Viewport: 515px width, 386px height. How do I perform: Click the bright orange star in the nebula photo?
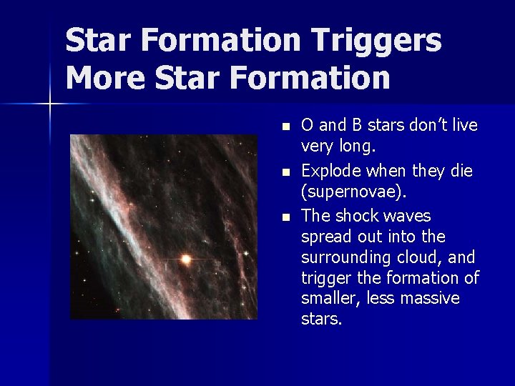click(186, 259)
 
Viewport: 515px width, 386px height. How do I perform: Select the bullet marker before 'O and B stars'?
click(285, 127)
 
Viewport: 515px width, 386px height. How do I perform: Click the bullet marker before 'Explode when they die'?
click(285, 172)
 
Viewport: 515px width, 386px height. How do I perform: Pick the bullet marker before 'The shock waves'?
click(285, 217)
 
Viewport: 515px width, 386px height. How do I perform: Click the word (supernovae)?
click(346, 192)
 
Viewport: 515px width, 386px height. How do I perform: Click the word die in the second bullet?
click(461, 172)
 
